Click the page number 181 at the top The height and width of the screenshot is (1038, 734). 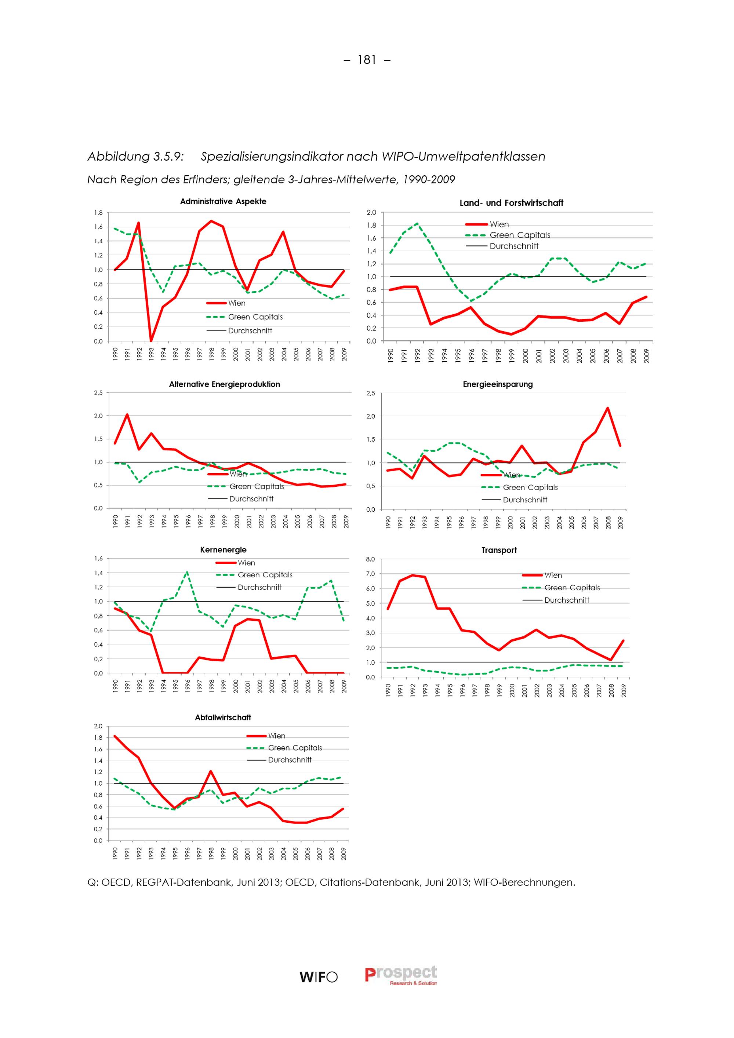pyautogui.click(x=367, y=60)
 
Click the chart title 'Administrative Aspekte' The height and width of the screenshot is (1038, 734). pyautogui.click(x=223, y=202)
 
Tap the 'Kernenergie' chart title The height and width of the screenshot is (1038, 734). pyautogui.click(x=223, y=550)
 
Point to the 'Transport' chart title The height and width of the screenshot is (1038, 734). pyautogui.click(x=499, y=550)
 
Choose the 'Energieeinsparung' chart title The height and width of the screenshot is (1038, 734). pyautogui.click(x=498, y=384)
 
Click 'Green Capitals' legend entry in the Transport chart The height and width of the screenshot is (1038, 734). pyautogui.click(x=572, y=588)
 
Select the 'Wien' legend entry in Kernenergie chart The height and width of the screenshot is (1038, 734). pyautogui.click(x=247, y=563)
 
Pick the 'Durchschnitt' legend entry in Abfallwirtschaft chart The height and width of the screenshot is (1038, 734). pyautogui.click(x=290, y=760)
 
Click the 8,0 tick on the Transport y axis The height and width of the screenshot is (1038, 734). pyautogui.click(x=370, y=559)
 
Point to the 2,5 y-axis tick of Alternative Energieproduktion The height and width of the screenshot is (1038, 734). pyautogui.click(x=98, y=393)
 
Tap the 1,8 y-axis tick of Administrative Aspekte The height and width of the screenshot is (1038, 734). pyautogui.click(x=98, y=212)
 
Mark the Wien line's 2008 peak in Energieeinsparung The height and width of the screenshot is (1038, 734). pyautogui.click(x=607, y=408)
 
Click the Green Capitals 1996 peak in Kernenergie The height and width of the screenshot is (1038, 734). pyautogui.click(x=187, y=572)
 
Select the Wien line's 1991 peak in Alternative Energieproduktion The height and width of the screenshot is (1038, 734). pyautogui.click(x=127, y=414)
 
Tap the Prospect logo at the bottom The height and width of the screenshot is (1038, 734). pyautogui.click(x=401, y=975)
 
